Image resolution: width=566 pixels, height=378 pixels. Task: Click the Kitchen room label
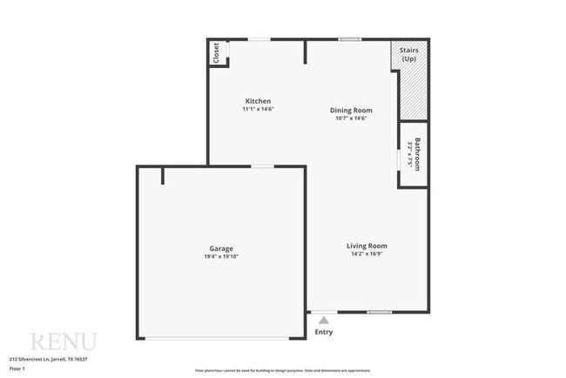coord(258,100)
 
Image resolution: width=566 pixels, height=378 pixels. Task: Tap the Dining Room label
coord(351,110)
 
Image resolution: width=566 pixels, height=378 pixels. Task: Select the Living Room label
coord(367,246)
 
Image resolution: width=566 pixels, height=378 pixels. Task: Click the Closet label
coord(216,53)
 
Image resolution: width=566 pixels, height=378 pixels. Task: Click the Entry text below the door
coord(323,332)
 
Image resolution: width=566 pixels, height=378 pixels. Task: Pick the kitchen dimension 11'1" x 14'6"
coord(258,109)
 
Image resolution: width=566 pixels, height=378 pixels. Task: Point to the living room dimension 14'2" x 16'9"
coord(367,254)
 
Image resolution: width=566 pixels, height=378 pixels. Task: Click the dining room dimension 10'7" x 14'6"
coord(351,118)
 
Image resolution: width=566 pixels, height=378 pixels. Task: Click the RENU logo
coord(63,341)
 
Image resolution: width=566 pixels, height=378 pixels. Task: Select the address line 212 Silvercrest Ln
coord(49,359)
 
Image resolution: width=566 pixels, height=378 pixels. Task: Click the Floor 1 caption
coord(17,368)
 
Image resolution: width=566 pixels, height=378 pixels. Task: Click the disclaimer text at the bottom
coord(282,370)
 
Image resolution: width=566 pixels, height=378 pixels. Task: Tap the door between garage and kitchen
coord(263,165)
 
